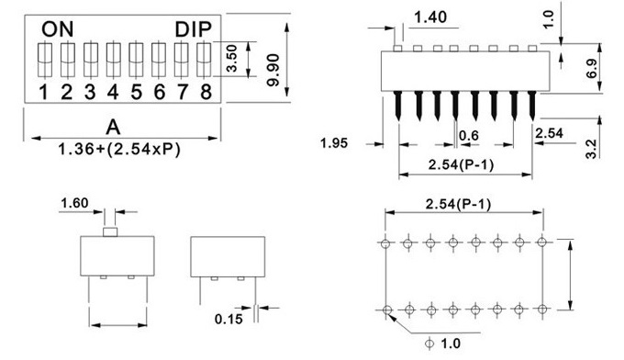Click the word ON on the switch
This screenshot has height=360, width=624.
click(54, 28)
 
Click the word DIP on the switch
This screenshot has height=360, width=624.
click(194, 28)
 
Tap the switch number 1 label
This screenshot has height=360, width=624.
click(44, 91)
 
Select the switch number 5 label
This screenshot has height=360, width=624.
click(136, 91)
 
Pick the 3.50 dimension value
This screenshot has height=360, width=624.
click(232, 60)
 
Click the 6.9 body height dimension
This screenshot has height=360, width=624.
click(591, 68)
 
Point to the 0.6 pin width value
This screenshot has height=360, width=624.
click(469, 136)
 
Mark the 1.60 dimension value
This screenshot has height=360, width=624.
click(75, 201)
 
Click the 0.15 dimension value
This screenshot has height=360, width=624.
click(229, 319)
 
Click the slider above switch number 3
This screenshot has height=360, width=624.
click(90, 61)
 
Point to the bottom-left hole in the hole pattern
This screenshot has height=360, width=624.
click(385, 308)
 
